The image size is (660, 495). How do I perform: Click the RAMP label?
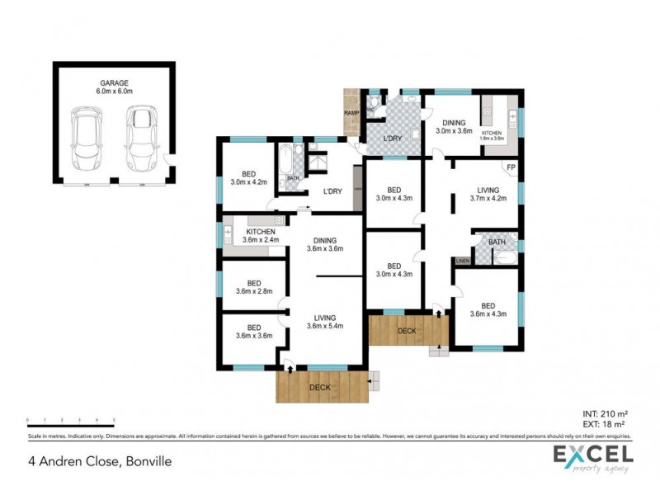pyautogui.click(x=351, y=113)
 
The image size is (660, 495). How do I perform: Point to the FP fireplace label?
pyautogui.click(x=511, y=168)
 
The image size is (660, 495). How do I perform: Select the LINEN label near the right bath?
pyautogui.click(x=462, y=261)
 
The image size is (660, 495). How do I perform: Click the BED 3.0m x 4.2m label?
pyautogui.click(x=248, y=177)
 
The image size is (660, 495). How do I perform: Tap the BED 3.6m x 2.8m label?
pyautogui.click(x=253, y=286)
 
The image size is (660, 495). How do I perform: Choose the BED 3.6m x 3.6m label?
pyautogui.click(x=253, y=332)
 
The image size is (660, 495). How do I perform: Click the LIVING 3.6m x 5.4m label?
pyautogui.click(x=325, y=322)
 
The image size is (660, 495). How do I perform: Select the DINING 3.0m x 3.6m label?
pyautogui.click(x=453, y=126)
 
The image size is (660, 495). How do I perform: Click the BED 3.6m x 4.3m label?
pyautogui.click(x=488, y=309)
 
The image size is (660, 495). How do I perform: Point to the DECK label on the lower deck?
pyautogui.click(x=319, y=387)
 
